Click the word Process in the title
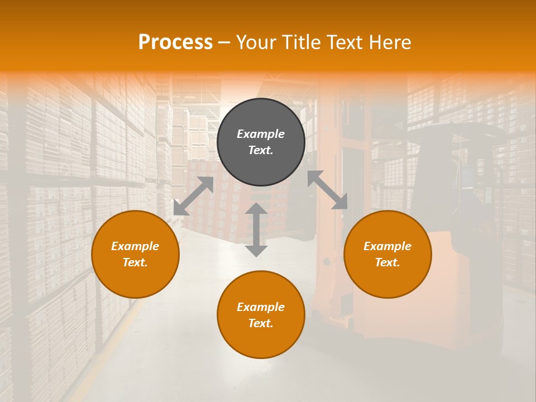tap(175, 42)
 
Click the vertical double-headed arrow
tap(256, 229)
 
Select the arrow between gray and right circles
tap(327, 190)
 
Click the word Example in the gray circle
tap(261, 134)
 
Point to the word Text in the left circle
tap(135, 262)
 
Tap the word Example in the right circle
tap(387, 246)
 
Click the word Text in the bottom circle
tap(261, 323)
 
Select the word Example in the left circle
tap(135, 246)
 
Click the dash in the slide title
tap(224, 42)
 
